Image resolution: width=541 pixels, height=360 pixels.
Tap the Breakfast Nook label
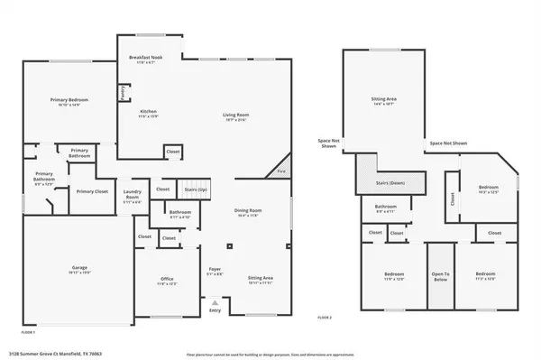point(144,57)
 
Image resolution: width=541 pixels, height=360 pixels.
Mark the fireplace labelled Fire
point(280,170)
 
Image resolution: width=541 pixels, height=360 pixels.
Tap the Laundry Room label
point(132,193)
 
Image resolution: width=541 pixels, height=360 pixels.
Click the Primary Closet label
point(92,191)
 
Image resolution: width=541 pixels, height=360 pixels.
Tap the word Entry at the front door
point(214,310)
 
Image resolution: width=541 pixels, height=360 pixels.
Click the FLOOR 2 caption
point(325,318)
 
